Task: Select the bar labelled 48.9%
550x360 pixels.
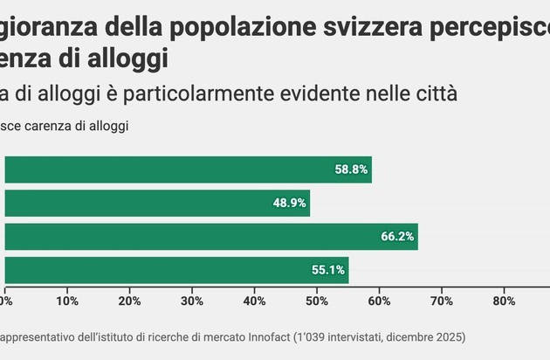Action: point(157,203)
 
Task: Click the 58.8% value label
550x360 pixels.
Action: point(351,170)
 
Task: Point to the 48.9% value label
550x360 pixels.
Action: point(289,203)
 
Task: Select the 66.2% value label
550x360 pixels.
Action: point(397,236)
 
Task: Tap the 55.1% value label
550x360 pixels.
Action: point(328,270)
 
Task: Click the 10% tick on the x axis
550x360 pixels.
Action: point(67,301)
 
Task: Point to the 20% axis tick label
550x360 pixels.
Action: point(129,301)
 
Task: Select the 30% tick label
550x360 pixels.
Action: point(192,301)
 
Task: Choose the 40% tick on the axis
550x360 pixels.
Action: point(254,301)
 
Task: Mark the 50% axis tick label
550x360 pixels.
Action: point(317,301)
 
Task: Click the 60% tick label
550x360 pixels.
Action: point(379,301)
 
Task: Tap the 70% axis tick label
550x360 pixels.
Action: point(442,301)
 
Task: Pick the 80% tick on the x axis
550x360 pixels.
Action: point(504,301)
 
